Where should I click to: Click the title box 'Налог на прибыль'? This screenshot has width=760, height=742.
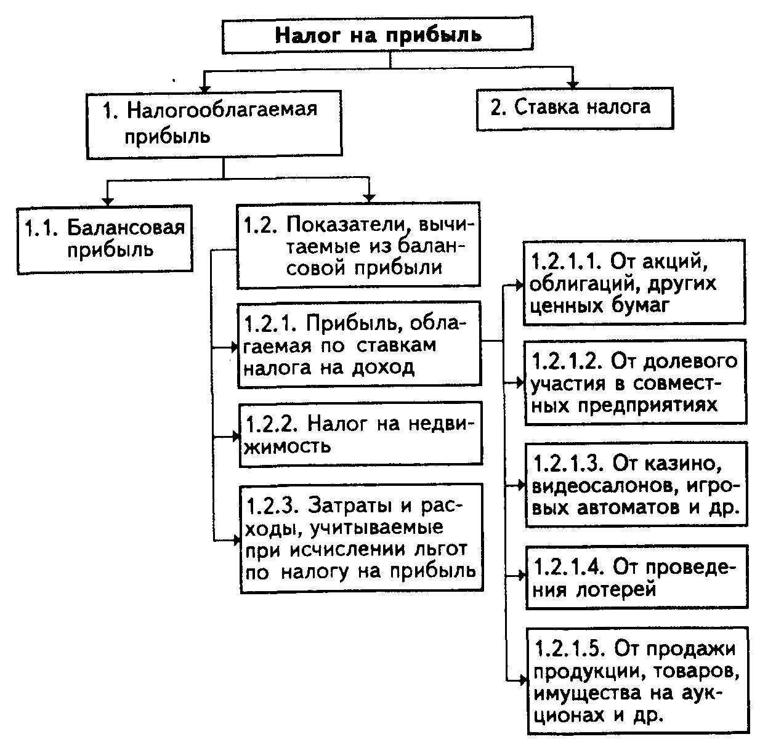pos(378,34)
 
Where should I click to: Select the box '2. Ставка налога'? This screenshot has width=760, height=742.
pos(575,108)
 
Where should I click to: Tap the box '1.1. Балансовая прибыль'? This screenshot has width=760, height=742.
pos(105,240)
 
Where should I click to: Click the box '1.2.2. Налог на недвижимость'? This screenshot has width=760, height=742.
pos(360,434)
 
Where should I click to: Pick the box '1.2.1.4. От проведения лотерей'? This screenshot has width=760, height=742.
pos(637,577)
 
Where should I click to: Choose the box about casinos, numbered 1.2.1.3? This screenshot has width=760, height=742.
pos(636,485)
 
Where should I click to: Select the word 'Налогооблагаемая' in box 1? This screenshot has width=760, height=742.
pos(222,110)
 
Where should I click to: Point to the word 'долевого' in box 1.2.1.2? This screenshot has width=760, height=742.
pos(690,362)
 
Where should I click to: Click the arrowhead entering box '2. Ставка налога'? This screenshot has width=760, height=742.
pos(573,85)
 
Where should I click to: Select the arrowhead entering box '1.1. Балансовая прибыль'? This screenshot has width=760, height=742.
pos(107,202)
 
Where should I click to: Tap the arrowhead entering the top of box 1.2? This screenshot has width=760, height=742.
pos(369,198)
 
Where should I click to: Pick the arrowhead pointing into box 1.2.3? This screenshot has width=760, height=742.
pos(236,541)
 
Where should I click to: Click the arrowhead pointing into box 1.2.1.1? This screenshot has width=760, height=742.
pos(519,286)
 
